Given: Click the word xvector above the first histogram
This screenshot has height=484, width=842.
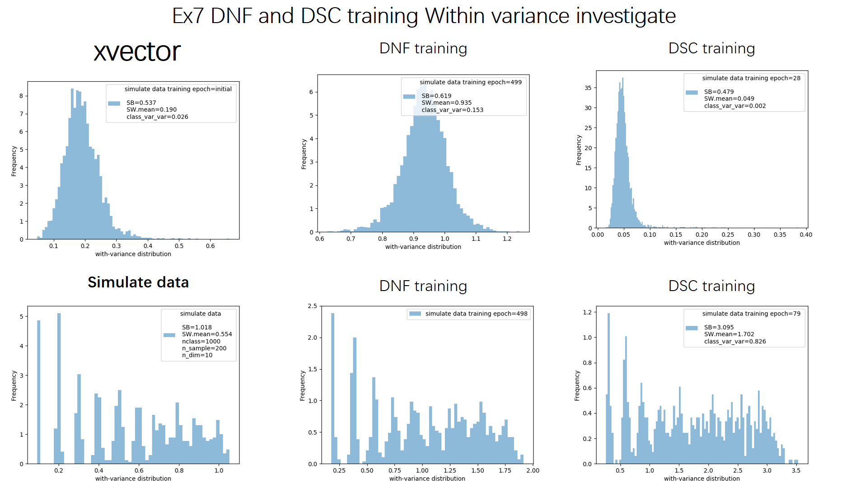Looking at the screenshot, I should [x=137, y=52].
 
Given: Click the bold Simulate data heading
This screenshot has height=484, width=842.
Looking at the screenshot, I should [x=138, y=282].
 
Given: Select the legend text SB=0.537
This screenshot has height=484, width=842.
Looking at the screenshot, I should [x=141, y=103].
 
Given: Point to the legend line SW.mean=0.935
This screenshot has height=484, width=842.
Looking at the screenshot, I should [x=446, y=103].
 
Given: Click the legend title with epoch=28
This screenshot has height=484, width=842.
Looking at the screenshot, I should [x=751, y=78].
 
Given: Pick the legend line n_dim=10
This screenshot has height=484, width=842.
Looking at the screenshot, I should [x=197, y=355].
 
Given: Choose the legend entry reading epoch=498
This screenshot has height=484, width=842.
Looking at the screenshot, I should [x=476, y=314].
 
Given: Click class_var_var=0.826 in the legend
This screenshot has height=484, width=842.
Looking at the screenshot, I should [x=734, y=341].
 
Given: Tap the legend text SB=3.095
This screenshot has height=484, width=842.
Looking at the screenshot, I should [x=719, y=327].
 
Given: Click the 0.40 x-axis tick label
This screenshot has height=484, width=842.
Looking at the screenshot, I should [x=806, y=235].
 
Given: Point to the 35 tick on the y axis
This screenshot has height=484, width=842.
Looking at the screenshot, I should [x=588, y=88].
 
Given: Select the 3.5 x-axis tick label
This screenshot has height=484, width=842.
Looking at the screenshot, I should [x=796, y=470].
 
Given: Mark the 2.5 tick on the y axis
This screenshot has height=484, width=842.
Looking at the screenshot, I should [x=312, y=306].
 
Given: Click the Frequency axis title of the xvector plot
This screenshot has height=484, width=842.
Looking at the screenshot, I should [x=14, y=161].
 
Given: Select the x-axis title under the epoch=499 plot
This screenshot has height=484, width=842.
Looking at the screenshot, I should [x=423, y=247].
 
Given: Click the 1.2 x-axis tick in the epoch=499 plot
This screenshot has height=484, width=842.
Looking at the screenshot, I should [x=507, y=239].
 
